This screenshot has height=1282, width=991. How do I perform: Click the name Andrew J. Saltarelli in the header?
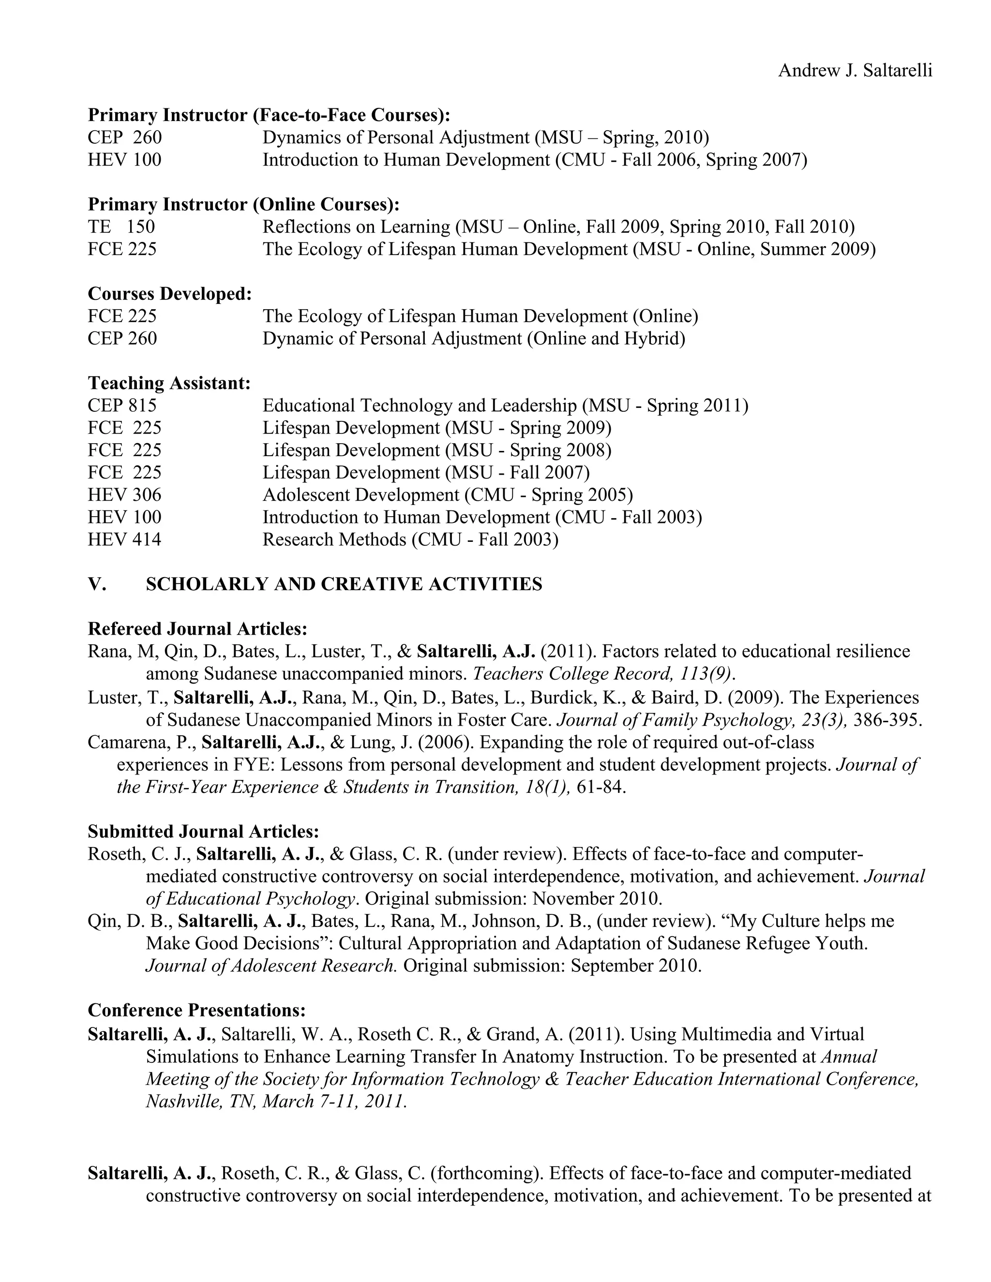click(855, 71)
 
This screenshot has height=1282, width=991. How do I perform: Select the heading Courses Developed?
click(170, 294)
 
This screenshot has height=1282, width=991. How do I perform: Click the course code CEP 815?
click(122, 405)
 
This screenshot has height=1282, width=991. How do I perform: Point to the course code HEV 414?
click(124, 539)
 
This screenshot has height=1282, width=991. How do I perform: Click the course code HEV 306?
click(124, 494)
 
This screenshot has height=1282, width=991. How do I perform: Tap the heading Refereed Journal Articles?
click(197, 629)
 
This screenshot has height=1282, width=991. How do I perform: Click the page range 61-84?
click(601, 787)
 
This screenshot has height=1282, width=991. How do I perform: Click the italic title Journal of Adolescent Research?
click(271, 965)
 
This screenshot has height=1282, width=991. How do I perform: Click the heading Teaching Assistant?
click(169, 383)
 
